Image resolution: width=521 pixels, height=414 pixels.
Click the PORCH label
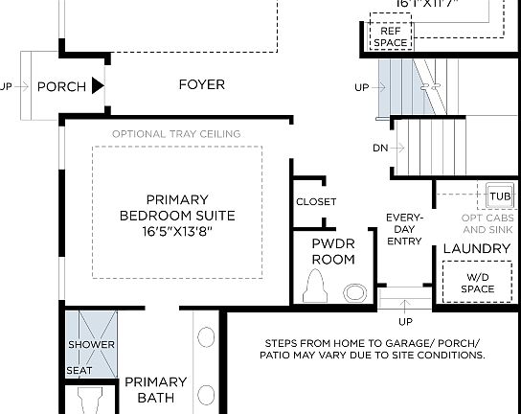pyautogui.click(x=61, y=87)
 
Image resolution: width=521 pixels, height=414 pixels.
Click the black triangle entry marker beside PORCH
pyautogui.click(x=98, y=87)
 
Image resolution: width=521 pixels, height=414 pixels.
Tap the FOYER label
pyautogui.click(x=202, y=84)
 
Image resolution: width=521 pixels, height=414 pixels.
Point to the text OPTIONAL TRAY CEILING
pyautogui.click(x=176, y=133)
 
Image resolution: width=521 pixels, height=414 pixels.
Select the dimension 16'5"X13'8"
pyautogui.click(x=177, y=232)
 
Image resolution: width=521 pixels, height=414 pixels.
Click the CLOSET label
pyautogui.click(x=316, y=202)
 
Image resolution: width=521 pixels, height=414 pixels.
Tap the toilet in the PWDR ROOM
pyautogui.click(x=314, y=286)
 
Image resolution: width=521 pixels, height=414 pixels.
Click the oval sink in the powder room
pyautogui.click(x=355, y=291)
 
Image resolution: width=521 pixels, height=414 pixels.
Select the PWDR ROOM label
pyautogui.click(x=333, y=252)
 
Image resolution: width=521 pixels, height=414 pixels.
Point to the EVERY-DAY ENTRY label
pyautogui.click(x=404, y=229)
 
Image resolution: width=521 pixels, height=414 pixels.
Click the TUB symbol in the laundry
pyautogui.click(x=500, y=195)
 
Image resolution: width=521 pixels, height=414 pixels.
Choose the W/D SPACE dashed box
pyautogui.click(x=476, y=283)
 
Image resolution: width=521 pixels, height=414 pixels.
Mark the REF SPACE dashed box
pyautogui.click(x=390, y=35)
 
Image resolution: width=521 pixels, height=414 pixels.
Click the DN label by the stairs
pyautogui.click(x=380, y=148)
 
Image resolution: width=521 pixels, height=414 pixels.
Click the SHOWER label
pyautogui.click(x=91, y=345)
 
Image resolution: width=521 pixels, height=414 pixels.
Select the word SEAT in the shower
pyautogui.click(x=79, y=370)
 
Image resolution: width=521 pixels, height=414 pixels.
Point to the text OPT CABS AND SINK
pyautogui.click(x=487, y=224)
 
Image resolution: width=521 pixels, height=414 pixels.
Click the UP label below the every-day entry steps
pyautogui.click(x=405, y=321)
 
